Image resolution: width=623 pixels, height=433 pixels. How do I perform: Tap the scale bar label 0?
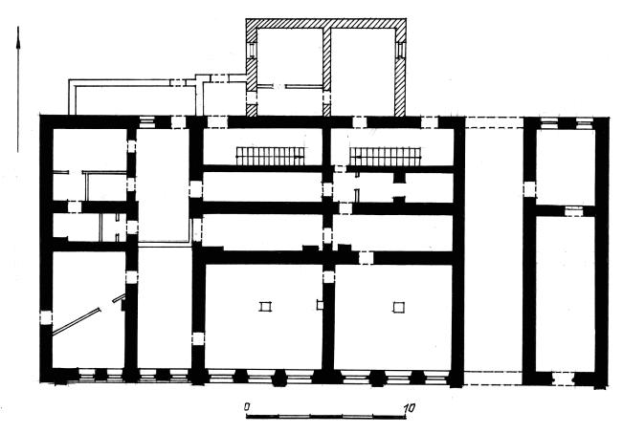coord(247,407)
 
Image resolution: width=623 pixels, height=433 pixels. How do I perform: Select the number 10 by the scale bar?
coord(409,407)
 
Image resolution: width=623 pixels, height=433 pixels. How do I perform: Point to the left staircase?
coord(271,156)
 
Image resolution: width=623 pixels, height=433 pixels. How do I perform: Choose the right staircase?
coord(385,156)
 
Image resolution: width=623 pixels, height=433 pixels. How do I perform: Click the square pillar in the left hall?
coord(265,307)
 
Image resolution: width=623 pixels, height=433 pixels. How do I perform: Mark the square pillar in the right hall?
coord(399,307)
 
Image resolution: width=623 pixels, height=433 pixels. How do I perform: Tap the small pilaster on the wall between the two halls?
coord(320,305)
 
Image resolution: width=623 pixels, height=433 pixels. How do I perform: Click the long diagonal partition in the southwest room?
coord(77,321)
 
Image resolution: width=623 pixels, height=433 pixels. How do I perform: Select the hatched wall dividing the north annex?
coord(326,73)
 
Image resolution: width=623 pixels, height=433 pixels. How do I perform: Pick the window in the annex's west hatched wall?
coord(252,51)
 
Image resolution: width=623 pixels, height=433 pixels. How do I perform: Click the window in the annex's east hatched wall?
coord(400,51)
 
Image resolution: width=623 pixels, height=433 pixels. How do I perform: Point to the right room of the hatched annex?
coord(363,72)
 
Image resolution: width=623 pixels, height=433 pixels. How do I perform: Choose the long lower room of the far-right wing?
coord(565,294)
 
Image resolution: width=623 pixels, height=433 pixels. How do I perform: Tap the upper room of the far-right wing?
coord(565,167)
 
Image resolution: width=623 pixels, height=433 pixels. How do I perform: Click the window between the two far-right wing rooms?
coord(573,210)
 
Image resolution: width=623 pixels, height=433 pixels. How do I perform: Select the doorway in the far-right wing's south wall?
coord(563,379)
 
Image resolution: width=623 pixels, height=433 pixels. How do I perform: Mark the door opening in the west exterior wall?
coord(46,318)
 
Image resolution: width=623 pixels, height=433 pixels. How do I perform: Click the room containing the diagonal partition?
coord(89,310)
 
